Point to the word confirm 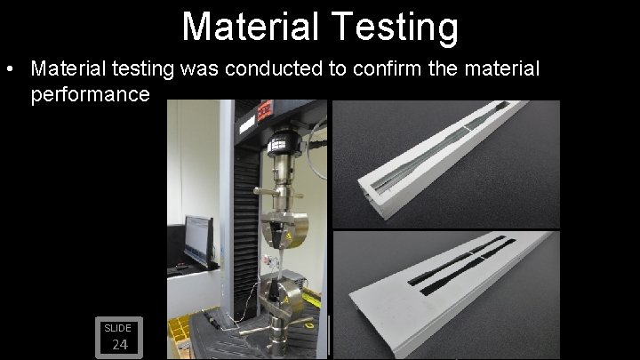click(x=386, y=68)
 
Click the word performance click(x=90, y=93)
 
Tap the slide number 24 click(x=119, y=345)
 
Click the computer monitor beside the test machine click(x=198, y=240)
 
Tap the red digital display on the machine click(x=266, y=111)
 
